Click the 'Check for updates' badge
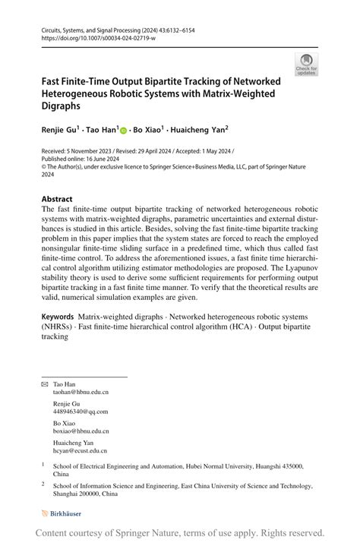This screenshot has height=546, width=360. point(306,64)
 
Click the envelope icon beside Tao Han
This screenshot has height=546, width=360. point(44,384)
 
